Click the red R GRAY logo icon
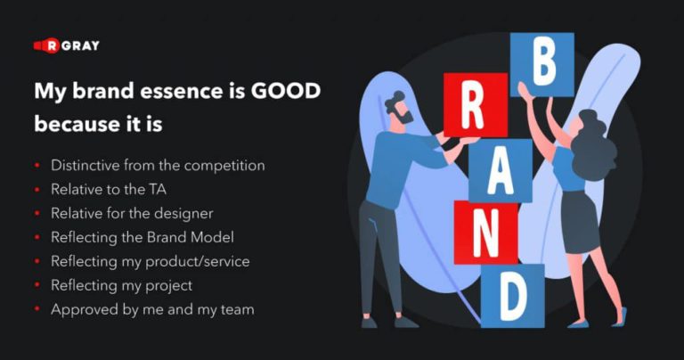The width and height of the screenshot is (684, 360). coord(46,45)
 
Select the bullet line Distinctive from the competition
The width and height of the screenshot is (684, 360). coord(158,166)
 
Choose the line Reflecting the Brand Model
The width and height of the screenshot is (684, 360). coord(142,238)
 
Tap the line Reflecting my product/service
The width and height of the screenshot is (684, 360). coord(151,262)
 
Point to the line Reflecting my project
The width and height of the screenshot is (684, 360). coord(121,286)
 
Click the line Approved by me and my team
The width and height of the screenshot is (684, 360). coord(152,310)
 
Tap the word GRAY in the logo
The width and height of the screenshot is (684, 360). coord(81,45)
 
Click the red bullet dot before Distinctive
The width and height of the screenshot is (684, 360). coord(37,167)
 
